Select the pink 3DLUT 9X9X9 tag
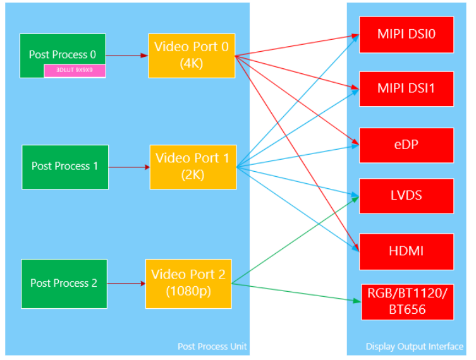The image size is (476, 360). tap(75, 71)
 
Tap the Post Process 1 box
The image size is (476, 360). tap(64, 167)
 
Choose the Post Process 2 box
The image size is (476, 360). tap(63, 284)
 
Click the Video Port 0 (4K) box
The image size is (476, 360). tap(192, 56)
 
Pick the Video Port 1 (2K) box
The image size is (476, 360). tap(192, 167)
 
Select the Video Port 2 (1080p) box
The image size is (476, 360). tap(188, 284)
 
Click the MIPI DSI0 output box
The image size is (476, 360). tap(406, 34)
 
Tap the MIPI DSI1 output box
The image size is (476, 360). tap(406, 88)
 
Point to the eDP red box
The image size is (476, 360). tap(406, 145)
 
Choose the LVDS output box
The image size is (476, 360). tap(406, 196)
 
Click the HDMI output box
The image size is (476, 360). tap(406, 251)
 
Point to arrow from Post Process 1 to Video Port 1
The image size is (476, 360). tap(129, 167)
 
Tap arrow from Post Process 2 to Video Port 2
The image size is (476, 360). tap(126, 284)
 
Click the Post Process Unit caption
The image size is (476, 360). tap(212, 346)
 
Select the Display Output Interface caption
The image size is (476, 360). tap(414, 346)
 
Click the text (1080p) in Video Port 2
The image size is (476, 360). tap(188, 292)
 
